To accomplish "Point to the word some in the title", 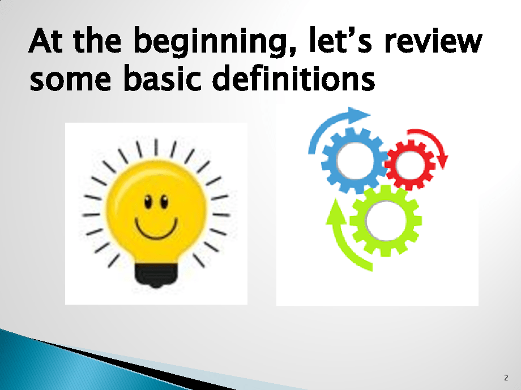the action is (x=70, y=80).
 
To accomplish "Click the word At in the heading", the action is (x=45, y=41).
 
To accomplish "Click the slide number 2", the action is (x=506, y=378).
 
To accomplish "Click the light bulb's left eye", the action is (x=148, y=202).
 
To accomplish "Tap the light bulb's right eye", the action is (x=164, y=202).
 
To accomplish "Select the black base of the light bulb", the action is (x=156, y=275).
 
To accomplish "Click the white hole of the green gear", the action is (x=386, y=221).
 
